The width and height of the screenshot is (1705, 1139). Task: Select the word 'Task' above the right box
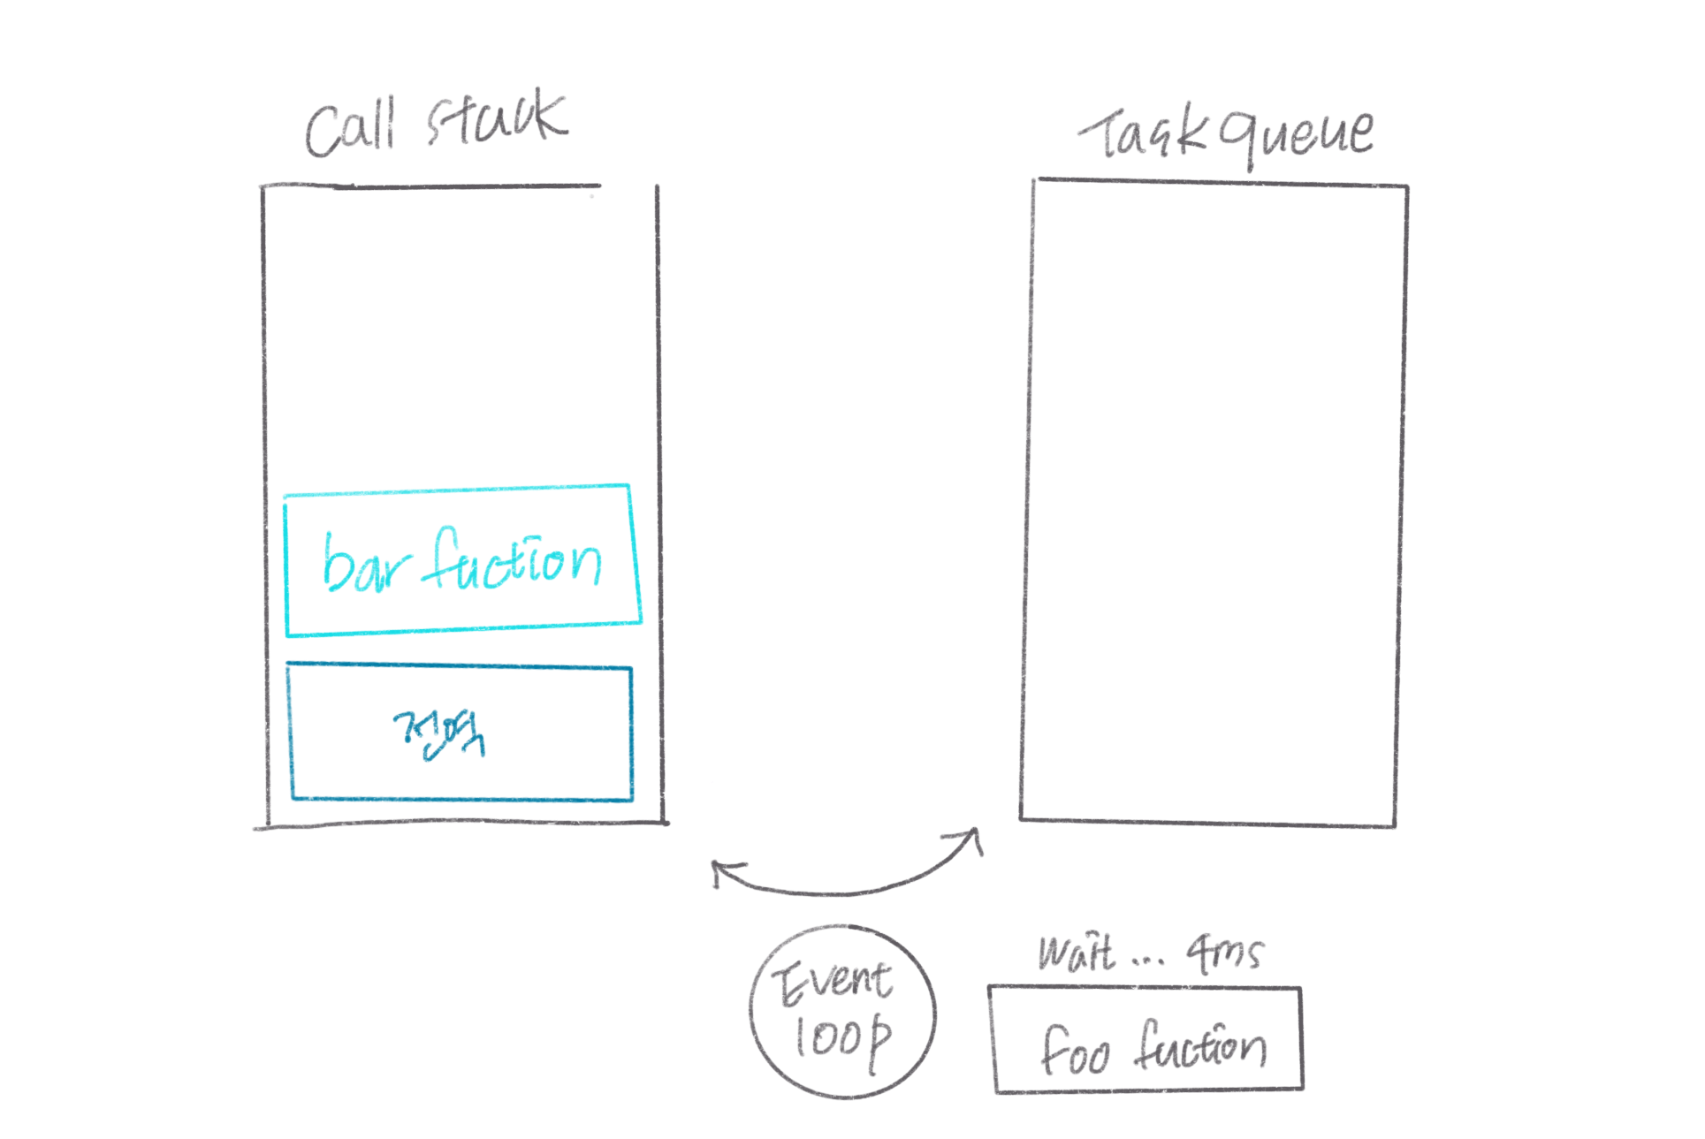click(1141, 135)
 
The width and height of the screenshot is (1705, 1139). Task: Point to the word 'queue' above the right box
click(1297, 137)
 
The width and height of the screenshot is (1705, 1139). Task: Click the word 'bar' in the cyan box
click(365, 565)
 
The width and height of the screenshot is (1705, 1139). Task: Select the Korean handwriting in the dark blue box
click(440, 734)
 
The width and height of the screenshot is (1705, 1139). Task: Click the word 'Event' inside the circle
click(833, 982)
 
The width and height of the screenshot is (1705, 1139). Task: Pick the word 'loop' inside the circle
click(841, 1038)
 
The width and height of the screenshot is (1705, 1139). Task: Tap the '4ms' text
click(1226, 953)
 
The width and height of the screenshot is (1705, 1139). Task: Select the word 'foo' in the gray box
click(1074, 1052)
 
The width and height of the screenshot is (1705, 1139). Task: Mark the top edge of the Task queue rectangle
click(1220, 183)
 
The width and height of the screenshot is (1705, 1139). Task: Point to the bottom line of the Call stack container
click(460, 824)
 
